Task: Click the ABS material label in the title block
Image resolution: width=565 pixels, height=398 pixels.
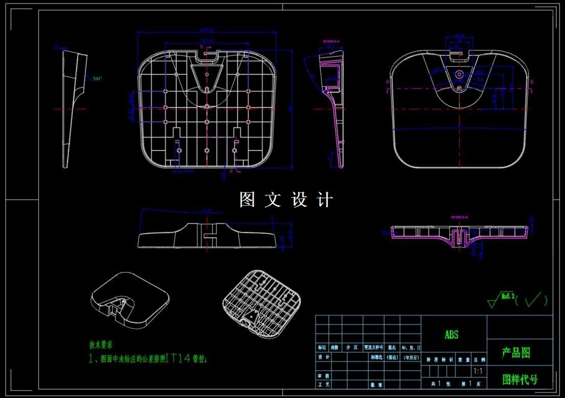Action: pyautogui.click(x=451, y=335)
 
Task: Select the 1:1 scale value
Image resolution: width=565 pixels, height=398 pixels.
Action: pyautogui.click(x=479, y=371)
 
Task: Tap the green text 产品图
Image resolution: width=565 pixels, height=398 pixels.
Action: pyautogui.click(x=516, y=352)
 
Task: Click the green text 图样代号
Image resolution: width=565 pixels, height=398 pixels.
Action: pyautogui.click(x=519, y=380)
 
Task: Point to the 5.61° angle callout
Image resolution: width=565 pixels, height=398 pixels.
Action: pyautogui.click(x=97, y=78)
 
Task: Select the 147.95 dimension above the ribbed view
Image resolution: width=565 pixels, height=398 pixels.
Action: pyautogui.click(x=207, y=40)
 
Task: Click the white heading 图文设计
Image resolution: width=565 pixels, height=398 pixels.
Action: pyautogui.click(x=286, y=200)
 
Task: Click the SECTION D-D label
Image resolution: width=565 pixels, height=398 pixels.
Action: pyautogui.click(x=331, y=41)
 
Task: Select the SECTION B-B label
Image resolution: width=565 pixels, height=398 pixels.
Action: pyautogui.click(x=459, y=217)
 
